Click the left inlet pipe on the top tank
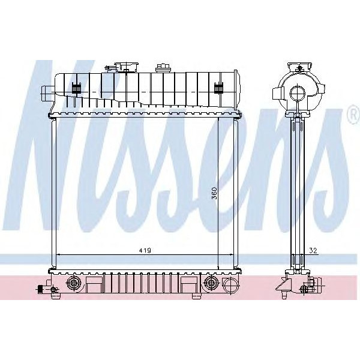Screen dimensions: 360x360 click(47, 92)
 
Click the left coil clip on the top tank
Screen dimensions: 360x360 click(76, 88)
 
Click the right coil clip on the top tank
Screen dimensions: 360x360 click(219, 88)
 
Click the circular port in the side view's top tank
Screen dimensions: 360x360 click(297, 93)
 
